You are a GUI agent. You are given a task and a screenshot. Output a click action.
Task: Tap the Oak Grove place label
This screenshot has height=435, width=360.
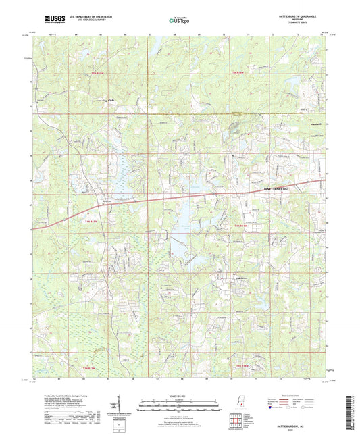(222, 276)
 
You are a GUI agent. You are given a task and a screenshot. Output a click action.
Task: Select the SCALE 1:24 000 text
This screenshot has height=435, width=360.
(180, 396)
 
